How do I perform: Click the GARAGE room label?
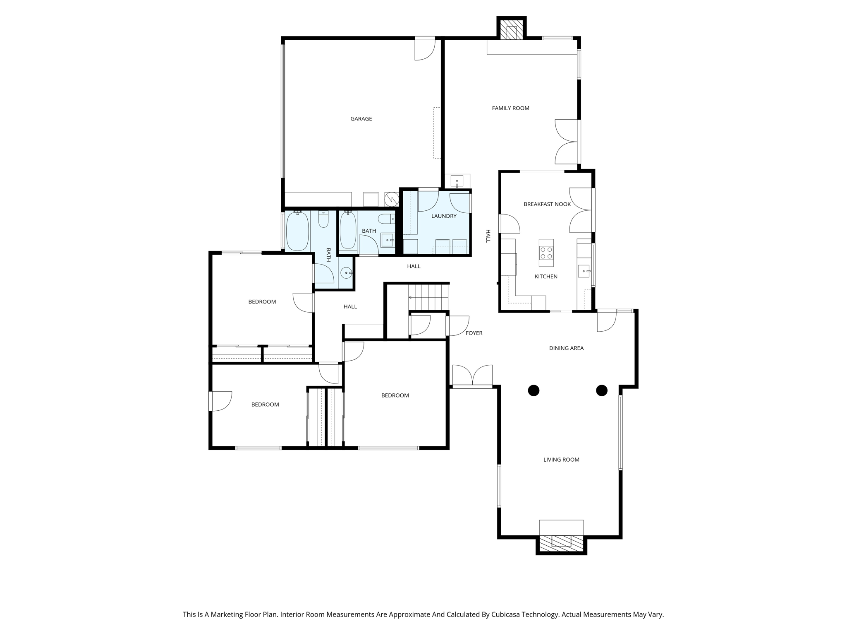(361, 119)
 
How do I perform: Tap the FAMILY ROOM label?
(510, 108)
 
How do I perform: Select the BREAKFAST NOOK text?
(547, 204)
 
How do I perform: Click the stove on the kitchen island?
(546, 253)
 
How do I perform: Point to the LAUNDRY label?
(444, 216)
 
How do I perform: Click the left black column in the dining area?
(534, 390)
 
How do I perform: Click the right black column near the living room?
(601, 390)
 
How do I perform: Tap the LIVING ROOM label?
(561, 460)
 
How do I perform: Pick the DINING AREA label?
(566, 348)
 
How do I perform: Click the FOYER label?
(474, 333)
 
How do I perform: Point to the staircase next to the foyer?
(428, 297)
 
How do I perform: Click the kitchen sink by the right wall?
(584, 271)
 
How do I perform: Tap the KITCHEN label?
(546, 277)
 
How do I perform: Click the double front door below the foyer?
(472, 376)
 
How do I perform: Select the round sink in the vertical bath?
(346, 273)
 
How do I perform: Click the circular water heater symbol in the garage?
(391, 199)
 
